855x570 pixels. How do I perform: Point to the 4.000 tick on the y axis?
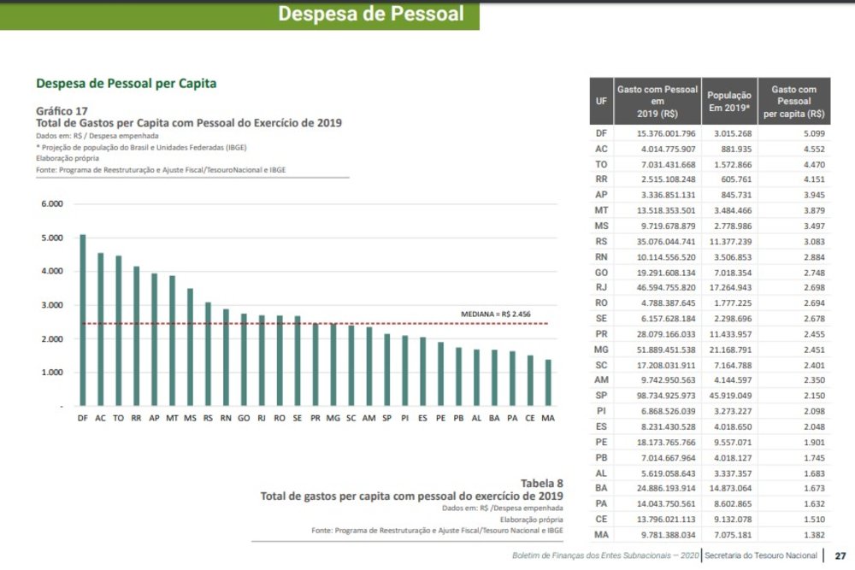pyautogui.click(x=53, y=272)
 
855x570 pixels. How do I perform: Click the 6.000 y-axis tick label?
pyautogui.click(x=53, y=204)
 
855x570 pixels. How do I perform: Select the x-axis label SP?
pyautogui.click(x=387, y=418)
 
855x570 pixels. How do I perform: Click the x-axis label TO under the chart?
pyautogui.click(x=118, y=418)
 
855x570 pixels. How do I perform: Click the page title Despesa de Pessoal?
pyautogui.click(x=371, y=14)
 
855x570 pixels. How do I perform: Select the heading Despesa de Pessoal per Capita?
pyautogui.click(x=126, y=84)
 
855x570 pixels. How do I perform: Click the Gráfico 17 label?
pyautogui.click(x=62, y=111)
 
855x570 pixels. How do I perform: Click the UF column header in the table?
pyautogui.click(x=601, y=101)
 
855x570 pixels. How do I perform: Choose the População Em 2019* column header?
pyautogui.click(x=729, y=101)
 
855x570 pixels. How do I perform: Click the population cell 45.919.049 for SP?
pyautogui.click(x=728, y=397)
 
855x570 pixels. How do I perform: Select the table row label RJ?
pyautogui.click(x=601, y=287)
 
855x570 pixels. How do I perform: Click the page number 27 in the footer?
pyautogui.click(x=840, y=555)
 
